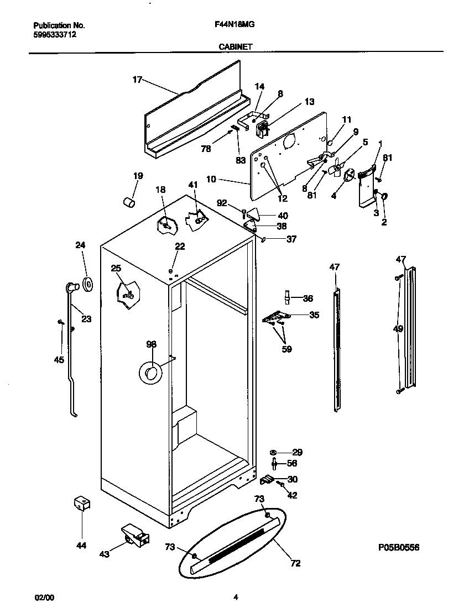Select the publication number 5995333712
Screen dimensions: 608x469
(x=55, y=34)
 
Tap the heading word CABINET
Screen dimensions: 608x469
(x=235, y=48)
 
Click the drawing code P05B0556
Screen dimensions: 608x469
(x=399, y=547)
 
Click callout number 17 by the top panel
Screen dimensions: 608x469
(x=137, y=80)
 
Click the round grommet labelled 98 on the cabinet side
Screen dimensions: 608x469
(x=149, y=374)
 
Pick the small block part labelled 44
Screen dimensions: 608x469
(x=82, y=504)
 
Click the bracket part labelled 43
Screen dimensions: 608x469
(x=135, y=535)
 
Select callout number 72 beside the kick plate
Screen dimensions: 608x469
(x=295, y=563)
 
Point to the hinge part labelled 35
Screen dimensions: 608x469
(x=275, y=317)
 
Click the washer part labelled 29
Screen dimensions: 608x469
(x=274, y=452)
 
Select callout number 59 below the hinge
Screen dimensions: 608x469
(x=287, y=349)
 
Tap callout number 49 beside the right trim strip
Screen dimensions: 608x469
(x=398, y=329)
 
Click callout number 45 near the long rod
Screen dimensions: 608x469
(x=59, y=360)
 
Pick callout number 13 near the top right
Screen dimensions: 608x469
(x=309, y=102)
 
